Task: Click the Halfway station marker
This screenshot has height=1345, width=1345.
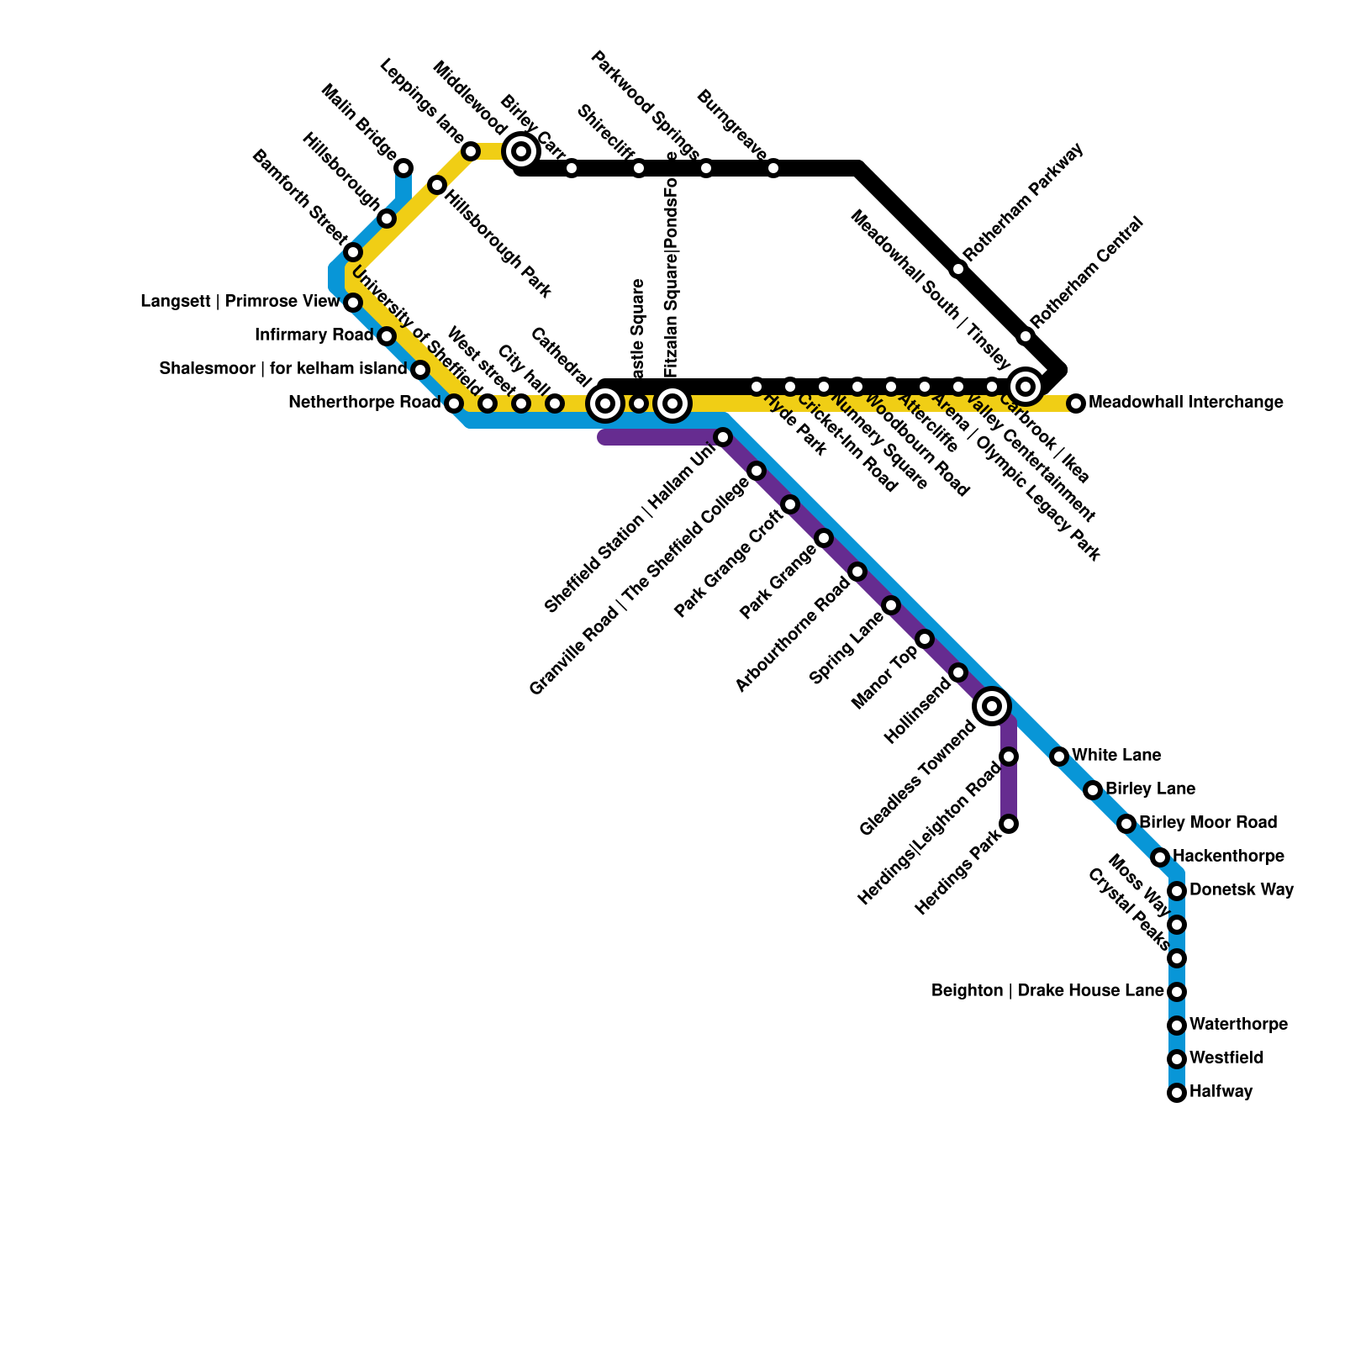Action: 1177,1093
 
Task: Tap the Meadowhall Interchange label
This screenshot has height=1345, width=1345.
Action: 1185,403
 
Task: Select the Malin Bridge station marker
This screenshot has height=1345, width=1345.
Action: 403,168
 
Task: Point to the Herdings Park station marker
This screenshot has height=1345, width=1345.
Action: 1009,824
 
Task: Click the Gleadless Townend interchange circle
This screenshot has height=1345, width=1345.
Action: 992,706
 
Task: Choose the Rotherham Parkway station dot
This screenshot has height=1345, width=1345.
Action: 958,269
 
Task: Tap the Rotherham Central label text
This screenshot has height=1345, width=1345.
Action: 1086,272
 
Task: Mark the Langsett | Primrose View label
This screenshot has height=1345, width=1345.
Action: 240,302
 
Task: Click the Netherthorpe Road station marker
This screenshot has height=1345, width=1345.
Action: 454,403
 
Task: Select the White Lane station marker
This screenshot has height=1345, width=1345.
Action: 1059,757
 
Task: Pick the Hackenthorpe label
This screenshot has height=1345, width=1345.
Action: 1228,857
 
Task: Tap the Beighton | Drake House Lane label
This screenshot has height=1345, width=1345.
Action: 1047,991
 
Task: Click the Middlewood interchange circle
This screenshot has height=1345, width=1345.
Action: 521,151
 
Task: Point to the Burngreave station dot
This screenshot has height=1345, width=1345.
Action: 773,168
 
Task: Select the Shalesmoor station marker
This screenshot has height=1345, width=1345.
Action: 420,370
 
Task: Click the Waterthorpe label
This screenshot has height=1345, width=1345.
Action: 1238,1025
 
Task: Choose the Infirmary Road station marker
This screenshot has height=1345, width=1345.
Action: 387,336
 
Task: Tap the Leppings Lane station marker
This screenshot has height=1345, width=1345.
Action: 471,151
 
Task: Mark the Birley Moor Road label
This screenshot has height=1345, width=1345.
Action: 1208,822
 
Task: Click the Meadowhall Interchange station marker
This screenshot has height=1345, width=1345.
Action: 1076,403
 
